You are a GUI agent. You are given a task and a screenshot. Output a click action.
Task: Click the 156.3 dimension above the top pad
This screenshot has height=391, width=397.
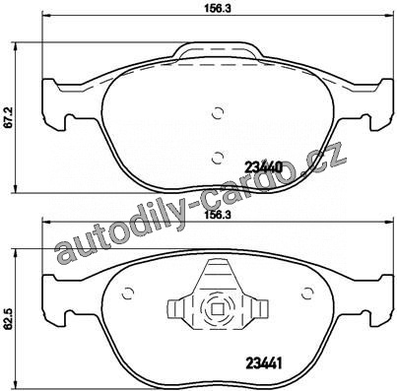[219, 9]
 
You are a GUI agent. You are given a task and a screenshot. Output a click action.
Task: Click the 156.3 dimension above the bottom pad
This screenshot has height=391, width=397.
[219, 216]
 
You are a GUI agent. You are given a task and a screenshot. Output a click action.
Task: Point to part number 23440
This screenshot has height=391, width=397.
[263, 167]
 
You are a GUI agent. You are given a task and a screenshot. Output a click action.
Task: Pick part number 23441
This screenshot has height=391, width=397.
[264, 363]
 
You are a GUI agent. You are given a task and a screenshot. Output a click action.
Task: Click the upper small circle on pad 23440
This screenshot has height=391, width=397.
[218, 113]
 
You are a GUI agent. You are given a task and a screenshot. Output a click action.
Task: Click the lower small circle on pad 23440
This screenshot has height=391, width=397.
[218, 159]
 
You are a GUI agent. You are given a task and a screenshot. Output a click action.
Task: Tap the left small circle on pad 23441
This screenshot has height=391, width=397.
[127, 293]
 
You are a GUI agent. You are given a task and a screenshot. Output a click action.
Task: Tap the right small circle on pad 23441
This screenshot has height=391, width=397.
[307, 293]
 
